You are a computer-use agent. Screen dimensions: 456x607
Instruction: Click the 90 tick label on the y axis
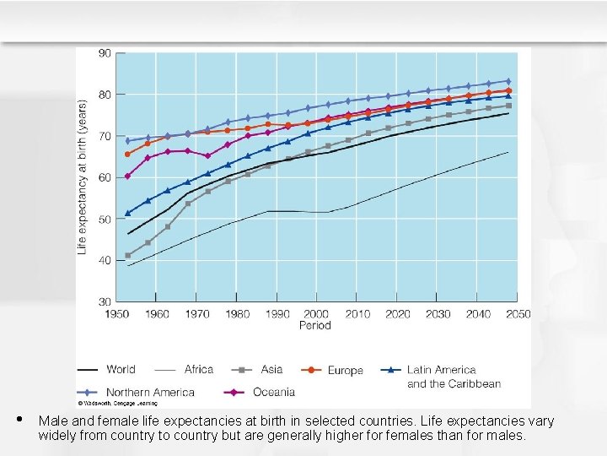[105, 53]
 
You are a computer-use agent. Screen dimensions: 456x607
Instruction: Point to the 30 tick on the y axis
[105, 301]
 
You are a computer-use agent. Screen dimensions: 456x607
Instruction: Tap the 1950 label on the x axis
[116, 314]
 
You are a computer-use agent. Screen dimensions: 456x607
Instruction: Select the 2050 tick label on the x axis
[518, 314]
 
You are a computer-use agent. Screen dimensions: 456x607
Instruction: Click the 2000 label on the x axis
[316, 314]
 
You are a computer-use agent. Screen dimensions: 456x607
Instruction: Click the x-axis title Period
[315, 326]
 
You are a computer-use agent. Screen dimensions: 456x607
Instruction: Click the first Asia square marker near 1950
[128, 255]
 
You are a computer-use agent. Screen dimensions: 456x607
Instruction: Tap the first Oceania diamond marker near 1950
[128, 176]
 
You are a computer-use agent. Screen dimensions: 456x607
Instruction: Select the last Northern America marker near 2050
[508, 81]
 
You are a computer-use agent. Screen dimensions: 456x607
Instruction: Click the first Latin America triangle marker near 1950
[128, 213]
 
